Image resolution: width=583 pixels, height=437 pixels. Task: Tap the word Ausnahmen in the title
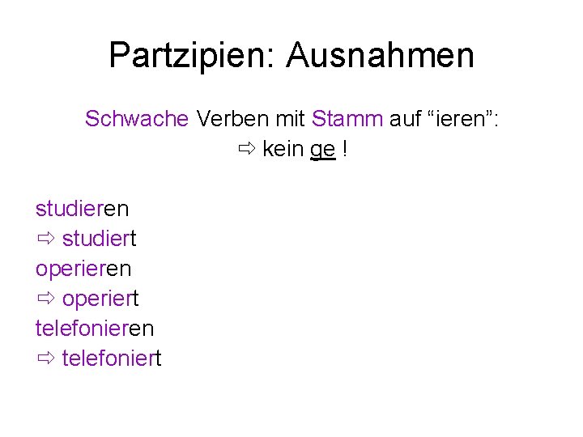380,56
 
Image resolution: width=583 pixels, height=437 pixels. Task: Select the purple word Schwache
137,119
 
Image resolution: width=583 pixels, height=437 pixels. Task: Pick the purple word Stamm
347,119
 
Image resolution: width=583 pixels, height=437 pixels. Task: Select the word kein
283,150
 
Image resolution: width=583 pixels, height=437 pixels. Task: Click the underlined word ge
323,151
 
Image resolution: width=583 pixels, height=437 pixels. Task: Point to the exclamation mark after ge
346,150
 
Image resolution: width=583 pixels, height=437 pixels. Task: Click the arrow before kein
246,150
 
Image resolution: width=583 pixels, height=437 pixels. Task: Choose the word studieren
82,208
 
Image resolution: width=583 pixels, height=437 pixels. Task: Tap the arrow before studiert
45,238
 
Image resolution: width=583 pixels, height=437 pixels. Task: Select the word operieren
83,268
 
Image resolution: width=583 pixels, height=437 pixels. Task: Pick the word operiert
100,298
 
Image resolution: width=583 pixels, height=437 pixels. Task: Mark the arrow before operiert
45,298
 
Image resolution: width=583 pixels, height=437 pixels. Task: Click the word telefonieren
95,328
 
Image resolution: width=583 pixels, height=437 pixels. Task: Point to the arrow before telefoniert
45,358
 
